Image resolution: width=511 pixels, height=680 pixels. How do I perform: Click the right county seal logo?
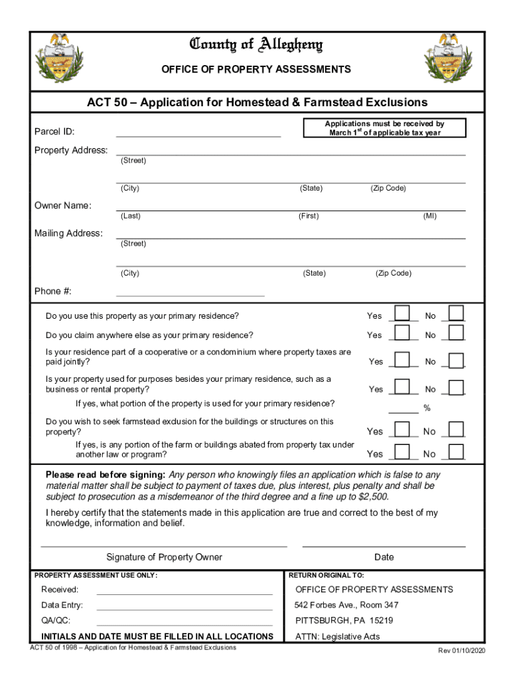449,58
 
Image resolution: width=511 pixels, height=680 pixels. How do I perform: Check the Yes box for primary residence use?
402,313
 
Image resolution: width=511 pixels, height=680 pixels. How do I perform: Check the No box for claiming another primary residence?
456,333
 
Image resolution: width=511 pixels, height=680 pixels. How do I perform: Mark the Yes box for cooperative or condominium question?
402,359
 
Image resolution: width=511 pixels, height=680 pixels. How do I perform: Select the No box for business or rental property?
456,387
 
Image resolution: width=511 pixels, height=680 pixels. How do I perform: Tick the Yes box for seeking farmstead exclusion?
402,429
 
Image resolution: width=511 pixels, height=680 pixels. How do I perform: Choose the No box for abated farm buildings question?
456,452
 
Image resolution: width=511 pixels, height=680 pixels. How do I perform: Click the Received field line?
184,590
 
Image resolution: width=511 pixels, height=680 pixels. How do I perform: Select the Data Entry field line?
184,606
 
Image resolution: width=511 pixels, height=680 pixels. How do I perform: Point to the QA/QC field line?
184,622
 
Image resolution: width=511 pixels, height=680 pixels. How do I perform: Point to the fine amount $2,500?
372,497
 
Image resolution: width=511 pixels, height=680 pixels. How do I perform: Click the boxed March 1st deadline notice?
384,128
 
